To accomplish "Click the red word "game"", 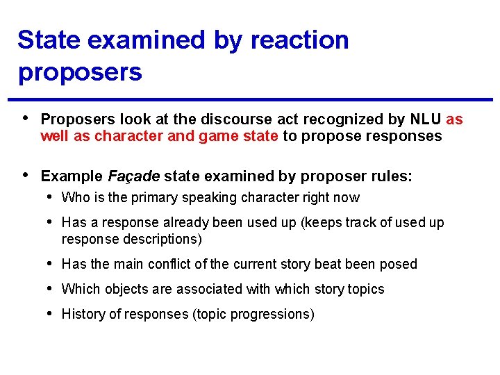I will [219, 136].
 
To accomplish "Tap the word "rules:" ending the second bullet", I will [392, 177].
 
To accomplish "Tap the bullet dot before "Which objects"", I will [51, 289].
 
